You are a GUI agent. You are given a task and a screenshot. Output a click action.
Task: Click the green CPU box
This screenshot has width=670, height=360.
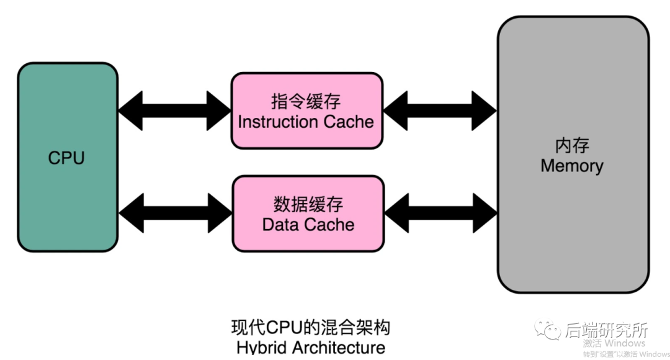(68, 157)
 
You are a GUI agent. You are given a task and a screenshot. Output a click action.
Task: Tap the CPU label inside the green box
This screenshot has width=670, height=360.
(66, 158)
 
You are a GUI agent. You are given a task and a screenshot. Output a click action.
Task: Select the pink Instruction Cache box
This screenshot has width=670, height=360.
(307, 110)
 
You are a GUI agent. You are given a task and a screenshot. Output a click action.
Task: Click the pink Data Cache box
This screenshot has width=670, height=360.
(308, 214)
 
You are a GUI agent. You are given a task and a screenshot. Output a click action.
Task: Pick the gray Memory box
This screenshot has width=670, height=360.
(573, 155)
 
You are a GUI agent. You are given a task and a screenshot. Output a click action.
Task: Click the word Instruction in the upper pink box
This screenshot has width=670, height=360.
(278, 122)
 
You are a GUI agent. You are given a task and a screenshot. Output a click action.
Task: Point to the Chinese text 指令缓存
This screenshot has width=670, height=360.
(306, 102)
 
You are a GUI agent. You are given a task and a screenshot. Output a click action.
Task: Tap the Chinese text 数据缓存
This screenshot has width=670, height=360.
(308, 204)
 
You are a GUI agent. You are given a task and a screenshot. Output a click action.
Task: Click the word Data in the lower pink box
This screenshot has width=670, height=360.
(280, 225)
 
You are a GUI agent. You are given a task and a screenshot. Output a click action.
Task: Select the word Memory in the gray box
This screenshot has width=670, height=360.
(572, 166)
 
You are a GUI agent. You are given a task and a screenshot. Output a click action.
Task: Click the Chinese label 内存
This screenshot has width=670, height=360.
(572, 146)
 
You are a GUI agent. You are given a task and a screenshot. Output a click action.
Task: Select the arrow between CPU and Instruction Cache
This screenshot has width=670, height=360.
(174, 110)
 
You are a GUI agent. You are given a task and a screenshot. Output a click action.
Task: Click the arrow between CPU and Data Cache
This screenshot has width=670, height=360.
(175, 213)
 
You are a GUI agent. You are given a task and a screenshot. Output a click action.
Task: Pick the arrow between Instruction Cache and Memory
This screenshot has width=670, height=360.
(440, 110)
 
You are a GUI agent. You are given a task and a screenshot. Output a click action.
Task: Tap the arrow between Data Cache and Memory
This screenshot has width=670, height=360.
(441, 213)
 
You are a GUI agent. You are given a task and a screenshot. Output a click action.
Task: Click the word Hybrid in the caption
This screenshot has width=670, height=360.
(262, 348)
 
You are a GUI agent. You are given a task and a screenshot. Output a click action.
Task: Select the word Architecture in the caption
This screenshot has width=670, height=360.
(339, 347)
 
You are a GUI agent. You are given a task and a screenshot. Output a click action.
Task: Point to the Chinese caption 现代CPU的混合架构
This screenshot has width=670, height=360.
(311, 328)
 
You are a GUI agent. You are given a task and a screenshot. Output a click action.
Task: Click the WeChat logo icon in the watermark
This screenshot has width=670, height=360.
(547, 330)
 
